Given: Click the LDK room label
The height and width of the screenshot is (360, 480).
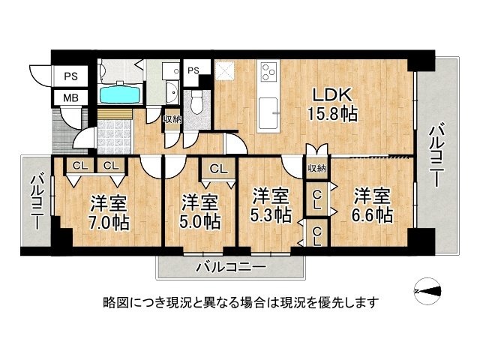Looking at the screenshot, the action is [331, 95].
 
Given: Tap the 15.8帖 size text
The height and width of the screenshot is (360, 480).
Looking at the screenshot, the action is [332, 115].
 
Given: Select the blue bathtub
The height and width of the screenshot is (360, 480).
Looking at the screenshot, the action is [121, 94].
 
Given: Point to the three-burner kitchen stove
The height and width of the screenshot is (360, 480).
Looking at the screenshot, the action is [269, 70].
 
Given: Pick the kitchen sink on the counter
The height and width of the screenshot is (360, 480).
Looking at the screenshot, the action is [268, 113].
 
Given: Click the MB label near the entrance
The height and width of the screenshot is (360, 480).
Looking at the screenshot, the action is [71, 97].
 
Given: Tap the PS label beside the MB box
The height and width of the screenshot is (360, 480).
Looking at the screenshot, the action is [71, 76].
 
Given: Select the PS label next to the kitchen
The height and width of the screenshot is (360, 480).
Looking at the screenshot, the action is [193, 70].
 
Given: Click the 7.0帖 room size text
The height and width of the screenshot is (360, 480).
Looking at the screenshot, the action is [108, 223].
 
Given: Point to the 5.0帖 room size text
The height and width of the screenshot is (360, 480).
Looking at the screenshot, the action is [200, 222].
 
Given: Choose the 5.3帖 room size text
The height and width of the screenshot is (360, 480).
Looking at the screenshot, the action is [271, 214].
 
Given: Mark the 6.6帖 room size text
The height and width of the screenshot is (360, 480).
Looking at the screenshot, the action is [372, 215].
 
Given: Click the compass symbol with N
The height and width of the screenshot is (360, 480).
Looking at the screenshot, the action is [428, 291].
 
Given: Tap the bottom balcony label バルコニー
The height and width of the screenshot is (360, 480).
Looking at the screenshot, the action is [231, 267].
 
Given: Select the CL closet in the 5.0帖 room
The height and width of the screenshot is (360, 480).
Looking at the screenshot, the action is [218, 169].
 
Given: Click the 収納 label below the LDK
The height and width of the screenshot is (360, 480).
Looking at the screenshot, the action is [317, 168].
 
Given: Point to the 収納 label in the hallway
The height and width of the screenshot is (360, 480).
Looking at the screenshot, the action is [172, 119].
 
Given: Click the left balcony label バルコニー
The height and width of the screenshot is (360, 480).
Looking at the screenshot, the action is [36, 202].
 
